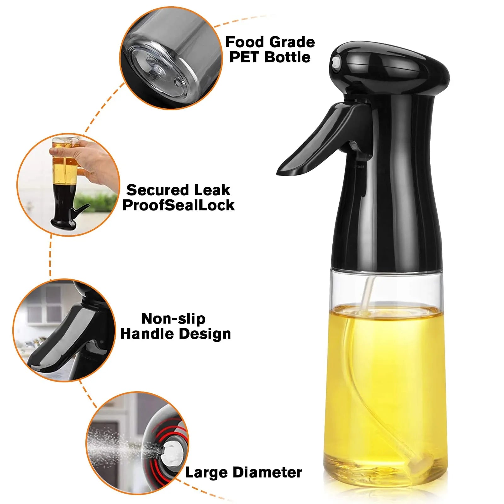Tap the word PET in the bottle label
point(244,57)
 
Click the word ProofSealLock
point(179,205)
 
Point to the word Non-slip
point(173,319)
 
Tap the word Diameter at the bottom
point(267,472)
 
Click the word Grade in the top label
point(292,42)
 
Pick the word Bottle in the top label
point(288,57)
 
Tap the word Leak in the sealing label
point(212,190)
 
